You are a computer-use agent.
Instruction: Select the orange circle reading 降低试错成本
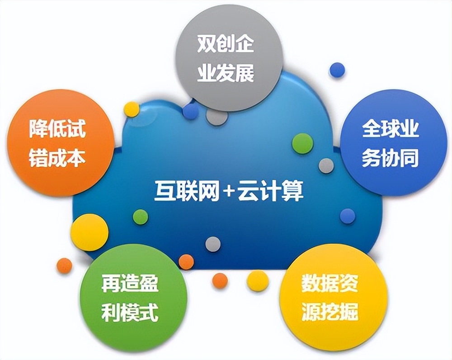click(57, 142)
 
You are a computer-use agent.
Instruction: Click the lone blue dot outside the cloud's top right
click(337, 70)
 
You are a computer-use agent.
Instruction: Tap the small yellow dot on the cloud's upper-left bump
click(132, 109)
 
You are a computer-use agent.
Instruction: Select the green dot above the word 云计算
click(302, 143)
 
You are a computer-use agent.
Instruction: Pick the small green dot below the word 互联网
click(141, 217)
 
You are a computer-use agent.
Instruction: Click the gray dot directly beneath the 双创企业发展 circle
click(217, 116)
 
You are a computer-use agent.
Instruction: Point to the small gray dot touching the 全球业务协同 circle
click(326, 166)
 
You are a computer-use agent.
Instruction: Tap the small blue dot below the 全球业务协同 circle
click(348, 216)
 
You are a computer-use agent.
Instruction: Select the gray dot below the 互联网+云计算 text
click(213, 244)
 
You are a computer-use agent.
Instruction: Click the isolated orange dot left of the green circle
click(64, 265)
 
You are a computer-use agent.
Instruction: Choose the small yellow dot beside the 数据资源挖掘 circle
click(258, 280)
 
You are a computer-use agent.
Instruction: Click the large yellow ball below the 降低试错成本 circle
click(90, 232)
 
